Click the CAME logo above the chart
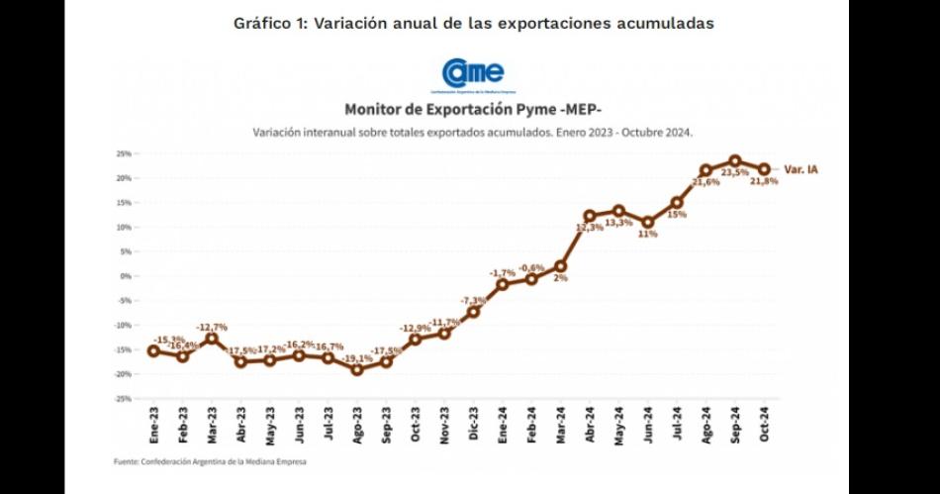coord(473,74)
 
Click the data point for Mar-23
coord(212,339)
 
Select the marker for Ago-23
coord(357,369)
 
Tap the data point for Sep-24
coord(735,160)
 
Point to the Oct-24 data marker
coord(764,168)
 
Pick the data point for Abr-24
coord(590,215)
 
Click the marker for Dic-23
coord(473,312)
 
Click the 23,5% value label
coord(733,173)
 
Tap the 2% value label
coord(560,278)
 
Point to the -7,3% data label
coord(473,300)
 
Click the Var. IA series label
coord(800,170)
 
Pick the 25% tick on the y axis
coord(125,154)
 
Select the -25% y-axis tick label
coord(124,398)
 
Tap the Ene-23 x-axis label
coord(153,424)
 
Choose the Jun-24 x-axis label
coord(648,424)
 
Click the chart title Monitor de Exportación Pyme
coord(472,109)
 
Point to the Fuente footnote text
coord(211,461)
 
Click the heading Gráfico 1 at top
coord(473,23)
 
